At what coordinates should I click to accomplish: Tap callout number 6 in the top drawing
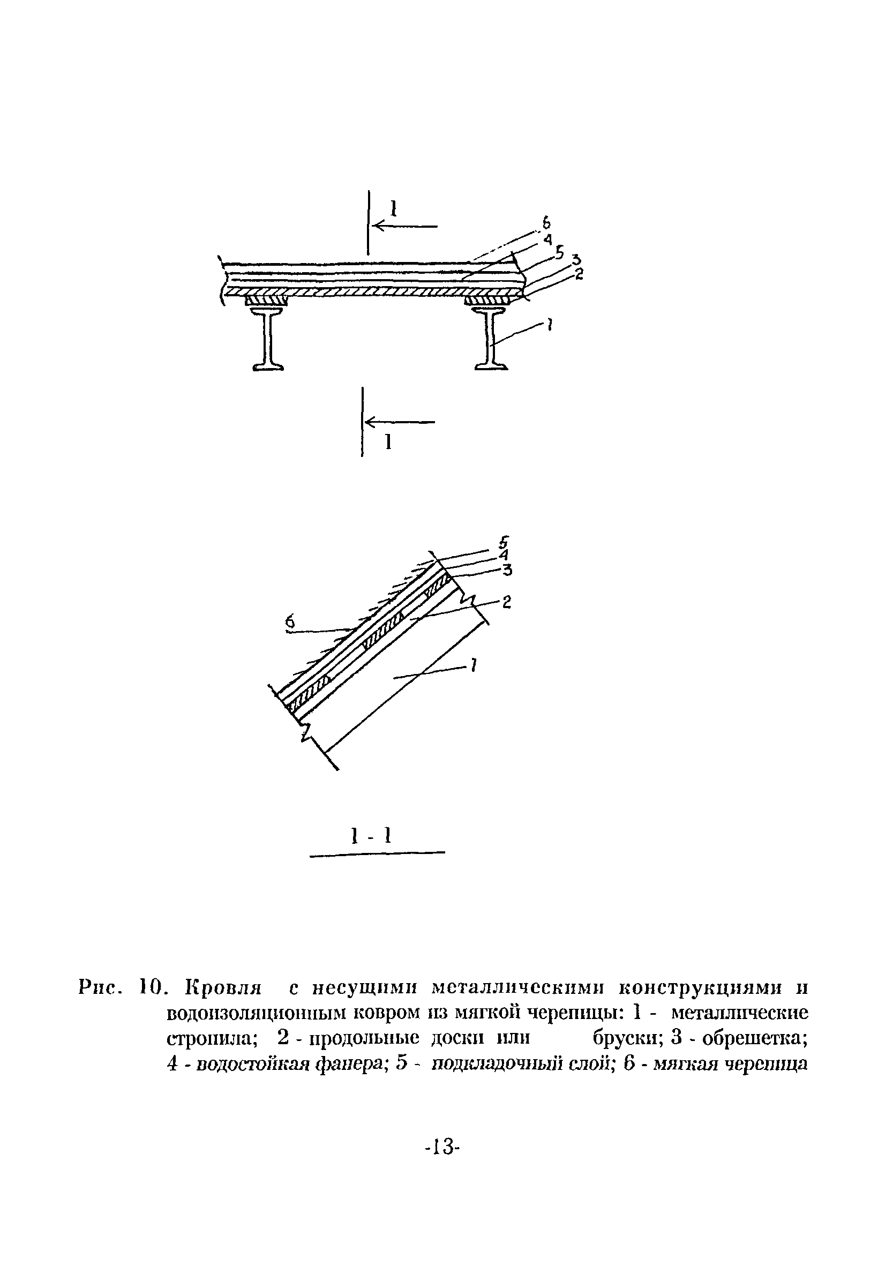point(546,223)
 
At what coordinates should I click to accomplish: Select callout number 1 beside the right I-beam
point(550,326)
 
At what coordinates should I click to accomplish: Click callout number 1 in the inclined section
point(474,667)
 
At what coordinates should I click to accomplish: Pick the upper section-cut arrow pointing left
point(405,226)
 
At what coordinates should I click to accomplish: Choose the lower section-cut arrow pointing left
point(400,423)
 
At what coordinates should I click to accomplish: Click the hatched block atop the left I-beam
point(267,301)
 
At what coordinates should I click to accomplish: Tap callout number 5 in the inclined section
point(503,541)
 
